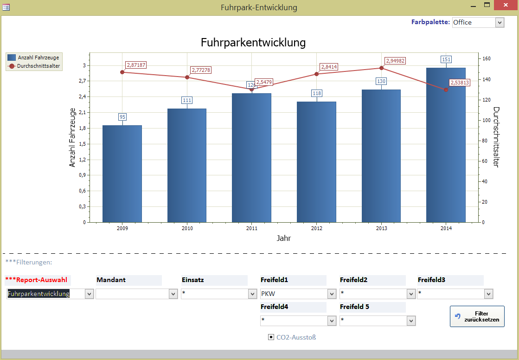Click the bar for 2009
(x=122, y=174)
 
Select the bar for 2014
(x=446, y=145)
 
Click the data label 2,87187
(x=136, y=65)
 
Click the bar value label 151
(x=446, y=59)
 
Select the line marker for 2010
(x=187, y=77)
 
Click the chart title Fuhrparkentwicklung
(x=253, y=43)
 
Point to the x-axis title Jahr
(x=284, y=238)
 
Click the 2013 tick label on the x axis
(x=381, y=228)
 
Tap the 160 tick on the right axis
(x=487, y=59)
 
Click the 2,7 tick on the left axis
(x=82, y=81)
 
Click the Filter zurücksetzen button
(x=477, y=316)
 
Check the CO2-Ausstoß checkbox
(x=271, y=337)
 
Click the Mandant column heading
(x=111, y=280)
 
